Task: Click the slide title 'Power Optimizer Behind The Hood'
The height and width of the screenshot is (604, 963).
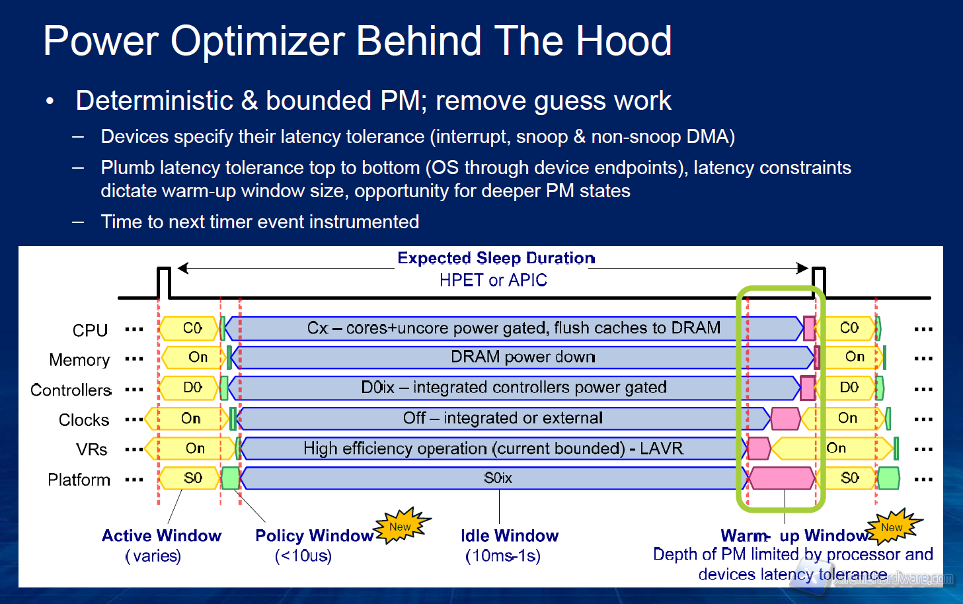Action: [358, 41]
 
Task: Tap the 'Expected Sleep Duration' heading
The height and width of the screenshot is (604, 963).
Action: [496, 258]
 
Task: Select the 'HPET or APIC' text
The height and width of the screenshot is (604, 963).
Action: [493, 280]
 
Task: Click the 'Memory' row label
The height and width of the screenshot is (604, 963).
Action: [79, 360]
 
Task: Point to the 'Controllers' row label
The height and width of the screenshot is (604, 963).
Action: [71, 390]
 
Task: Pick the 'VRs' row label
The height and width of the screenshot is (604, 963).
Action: [91, 450]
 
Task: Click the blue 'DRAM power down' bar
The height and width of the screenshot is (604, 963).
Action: [522, 357]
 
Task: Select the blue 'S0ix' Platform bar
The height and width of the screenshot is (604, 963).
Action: [497, 478]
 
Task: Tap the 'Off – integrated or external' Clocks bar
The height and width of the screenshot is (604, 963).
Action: [502, 418]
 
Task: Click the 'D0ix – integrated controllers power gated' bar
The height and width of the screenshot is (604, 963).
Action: [514, 388]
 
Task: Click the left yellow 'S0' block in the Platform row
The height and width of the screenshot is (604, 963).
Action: [192, 478]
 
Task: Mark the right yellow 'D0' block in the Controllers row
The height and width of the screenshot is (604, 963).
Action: [849, 388]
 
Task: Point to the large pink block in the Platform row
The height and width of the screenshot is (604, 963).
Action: [782, 478]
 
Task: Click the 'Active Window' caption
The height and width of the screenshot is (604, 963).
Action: [161, 536]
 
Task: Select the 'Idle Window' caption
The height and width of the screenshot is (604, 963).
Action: [510, 536]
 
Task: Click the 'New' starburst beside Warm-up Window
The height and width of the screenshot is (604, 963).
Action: [892, 527]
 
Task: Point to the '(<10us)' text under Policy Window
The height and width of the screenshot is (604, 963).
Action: [303, 556]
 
